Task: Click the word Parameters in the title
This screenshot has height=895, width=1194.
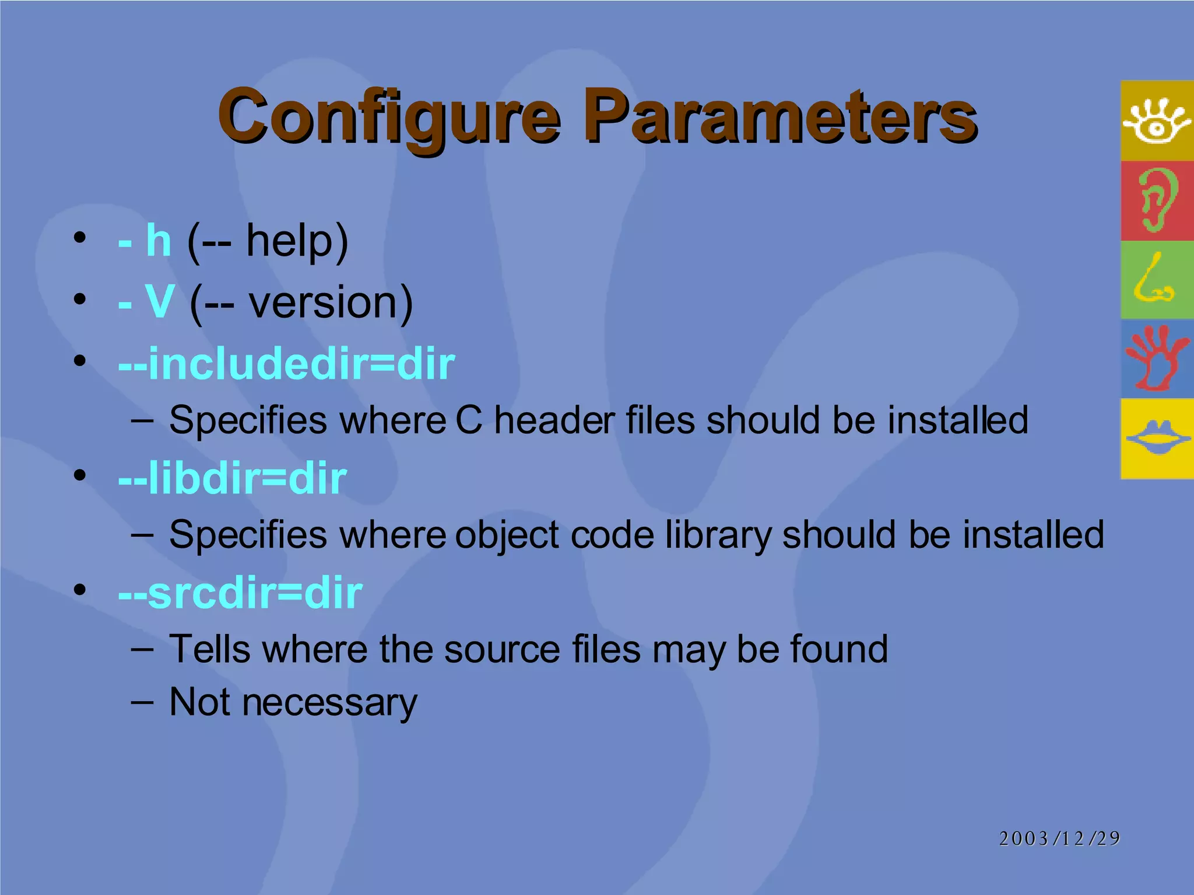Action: point(781,117)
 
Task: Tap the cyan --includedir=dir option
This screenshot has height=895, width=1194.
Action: point(286,364)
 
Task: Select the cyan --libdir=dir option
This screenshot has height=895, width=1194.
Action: point(232,478)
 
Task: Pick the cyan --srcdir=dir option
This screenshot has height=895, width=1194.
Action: point(240,593)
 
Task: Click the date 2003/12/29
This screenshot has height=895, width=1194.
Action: point(1059,838)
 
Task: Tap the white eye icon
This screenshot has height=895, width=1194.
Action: point(1157,121)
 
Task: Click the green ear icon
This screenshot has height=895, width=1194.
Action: point(1157,200)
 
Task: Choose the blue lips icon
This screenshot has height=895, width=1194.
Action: point(1157,438)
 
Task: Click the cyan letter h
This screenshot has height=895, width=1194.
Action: point(159,240)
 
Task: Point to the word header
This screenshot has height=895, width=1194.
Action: point(554,420)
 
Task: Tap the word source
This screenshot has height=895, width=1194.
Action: point(502,649)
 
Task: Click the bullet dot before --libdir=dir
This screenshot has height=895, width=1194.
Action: point(80,474)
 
